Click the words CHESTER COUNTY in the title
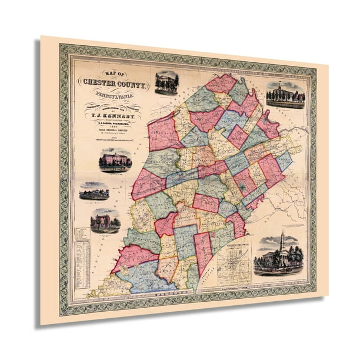[115, 84]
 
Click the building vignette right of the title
[166, 83]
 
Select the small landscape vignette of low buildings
[94, 191]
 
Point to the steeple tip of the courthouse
[282, 232]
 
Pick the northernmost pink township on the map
[222, 84]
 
